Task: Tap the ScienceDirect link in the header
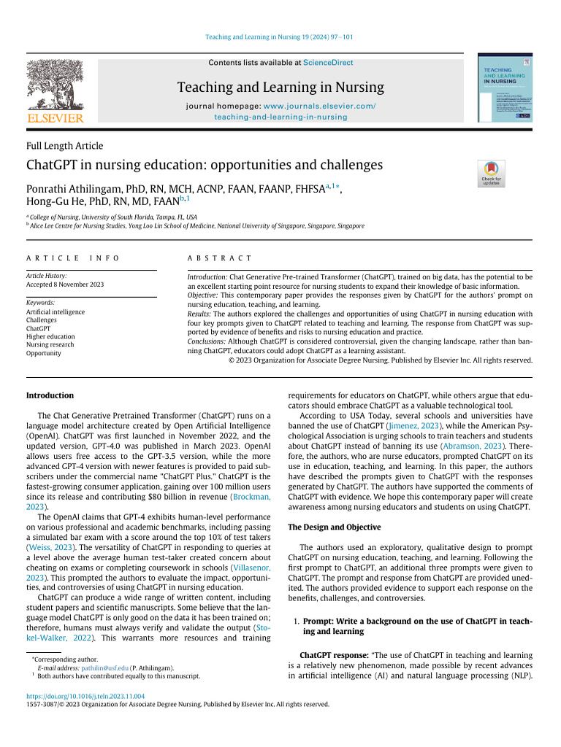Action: (x=327, y=63)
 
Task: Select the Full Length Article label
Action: (x=65, y=146)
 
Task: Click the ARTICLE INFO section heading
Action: (x=72, y=258)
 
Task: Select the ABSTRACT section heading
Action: (x=219, y=258)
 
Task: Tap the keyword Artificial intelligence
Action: (x=56, y=311)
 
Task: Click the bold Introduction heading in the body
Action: (x=50, y=395)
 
